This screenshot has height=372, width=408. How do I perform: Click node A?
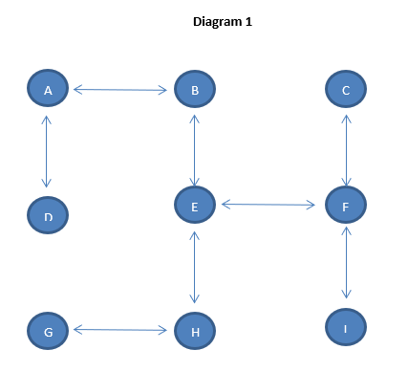(x=47, y=90)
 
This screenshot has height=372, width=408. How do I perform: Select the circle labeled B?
(x=195, y=91)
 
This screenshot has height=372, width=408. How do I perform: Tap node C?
(x=346, y=91)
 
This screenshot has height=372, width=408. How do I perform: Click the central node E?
(x=195, y=205)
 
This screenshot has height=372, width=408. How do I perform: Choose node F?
(x=346, y=205)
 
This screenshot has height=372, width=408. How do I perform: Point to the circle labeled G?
(x=48, y=331)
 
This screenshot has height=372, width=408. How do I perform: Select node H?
(x=195, y=332)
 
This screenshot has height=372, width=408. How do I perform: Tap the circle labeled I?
(x=346, y=329)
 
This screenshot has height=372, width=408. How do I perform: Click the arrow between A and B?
(x=120, y=90)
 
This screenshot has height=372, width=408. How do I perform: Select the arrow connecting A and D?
(x=46, y=153)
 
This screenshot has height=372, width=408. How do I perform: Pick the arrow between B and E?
(x=195, y=149)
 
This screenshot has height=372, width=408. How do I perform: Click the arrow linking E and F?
(x=269, y=204)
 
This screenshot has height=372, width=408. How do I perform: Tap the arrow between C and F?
(x=347, y=150)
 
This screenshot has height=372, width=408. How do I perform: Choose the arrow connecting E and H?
(x=195, y=268)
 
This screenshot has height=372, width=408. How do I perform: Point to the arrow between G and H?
(x=120, y=330)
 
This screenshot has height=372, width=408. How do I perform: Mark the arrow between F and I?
(x=347, y=264)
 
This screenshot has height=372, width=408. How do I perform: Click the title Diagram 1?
(x=222, y=21)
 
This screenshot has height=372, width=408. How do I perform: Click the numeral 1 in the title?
(x=248, y=21)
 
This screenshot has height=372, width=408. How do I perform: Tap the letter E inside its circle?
(x=195, y=206)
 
